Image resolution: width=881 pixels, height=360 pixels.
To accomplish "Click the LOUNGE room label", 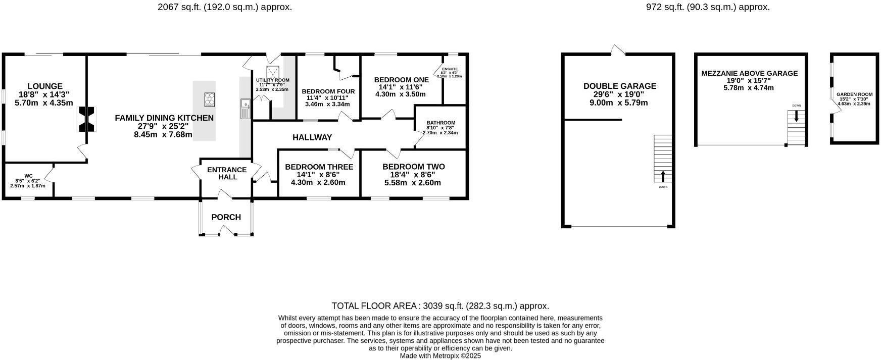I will tap(45, 86).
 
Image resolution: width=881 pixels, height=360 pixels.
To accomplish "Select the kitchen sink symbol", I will tap(246, 109).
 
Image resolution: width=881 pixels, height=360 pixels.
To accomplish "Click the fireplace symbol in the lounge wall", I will tap(86, 120).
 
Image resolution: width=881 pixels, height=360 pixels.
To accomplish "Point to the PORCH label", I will tap(226, 217).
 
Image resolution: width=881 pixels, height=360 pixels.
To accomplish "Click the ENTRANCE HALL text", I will tap(227, 173).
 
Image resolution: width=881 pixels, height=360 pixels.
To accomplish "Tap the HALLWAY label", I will tap(312, 137).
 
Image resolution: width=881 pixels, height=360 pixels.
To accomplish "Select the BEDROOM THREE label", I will tap(319, 167).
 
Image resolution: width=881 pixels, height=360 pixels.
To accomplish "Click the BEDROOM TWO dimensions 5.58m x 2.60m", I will tap(412, 183).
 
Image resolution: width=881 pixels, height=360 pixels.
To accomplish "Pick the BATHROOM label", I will tap(440, 123).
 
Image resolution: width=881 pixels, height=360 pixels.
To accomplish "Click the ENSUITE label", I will tap(450, 69).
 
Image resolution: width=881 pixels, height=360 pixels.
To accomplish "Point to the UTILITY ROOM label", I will tap(272, 80).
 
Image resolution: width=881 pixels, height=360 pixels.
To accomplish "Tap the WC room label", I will tap(28, 176).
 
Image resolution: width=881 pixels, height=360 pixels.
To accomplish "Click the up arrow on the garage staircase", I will tap(663, 176).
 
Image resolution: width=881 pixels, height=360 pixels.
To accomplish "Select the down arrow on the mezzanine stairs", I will tap(796, 116).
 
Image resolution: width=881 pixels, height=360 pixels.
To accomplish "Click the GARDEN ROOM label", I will tap(854, 94).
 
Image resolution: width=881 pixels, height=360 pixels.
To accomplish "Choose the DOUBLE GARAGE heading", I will tap(619, 86).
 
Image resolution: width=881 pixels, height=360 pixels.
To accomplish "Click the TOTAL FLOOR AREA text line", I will tap(440, 306).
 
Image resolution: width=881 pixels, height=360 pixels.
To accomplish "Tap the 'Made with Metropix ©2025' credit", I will tap(440, 356).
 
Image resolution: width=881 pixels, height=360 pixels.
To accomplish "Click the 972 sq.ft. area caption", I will tap(708, 7).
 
